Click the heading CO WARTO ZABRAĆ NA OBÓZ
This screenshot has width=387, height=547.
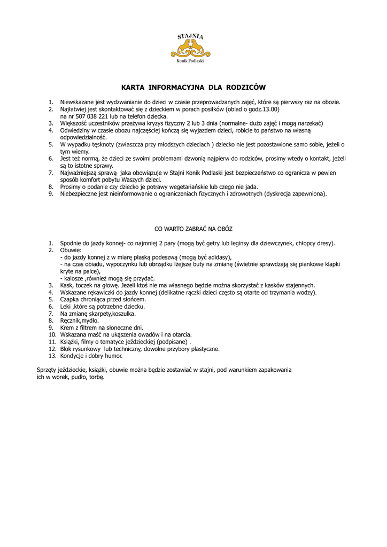[193, 229]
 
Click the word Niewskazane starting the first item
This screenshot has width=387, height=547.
[79, 101]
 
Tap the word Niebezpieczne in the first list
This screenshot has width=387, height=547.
[80, 194]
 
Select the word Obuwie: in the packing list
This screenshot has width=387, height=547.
[71, 250]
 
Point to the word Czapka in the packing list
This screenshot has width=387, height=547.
[69, 300]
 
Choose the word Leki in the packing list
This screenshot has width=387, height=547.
[66, 307]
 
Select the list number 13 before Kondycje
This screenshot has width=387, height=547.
[51, 356]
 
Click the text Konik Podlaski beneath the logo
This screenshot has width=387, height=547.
[190, 61]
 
